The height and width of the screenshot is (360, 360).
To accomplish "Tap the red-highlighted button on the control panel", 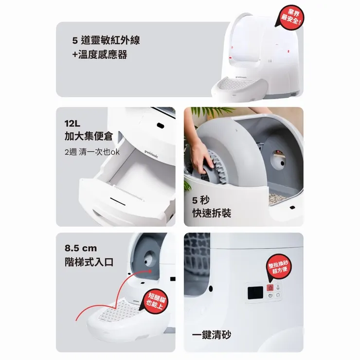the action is [270, 288].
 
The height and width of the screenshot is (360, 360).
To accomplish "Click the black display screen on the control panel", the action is [255, 293].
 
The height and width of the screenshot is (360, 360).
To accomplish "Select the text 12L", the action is [72, 124].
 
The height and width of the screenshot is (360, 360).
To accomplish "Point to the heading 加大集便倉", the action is [89, 136].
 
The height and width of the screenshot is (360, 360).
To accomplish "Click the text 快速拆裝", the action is [212, 213].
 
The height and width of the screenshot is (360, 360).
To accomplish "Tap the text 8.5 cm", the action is [81, 248].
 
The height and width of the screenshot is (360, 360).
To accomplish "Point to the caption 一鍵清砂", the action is [212, 335].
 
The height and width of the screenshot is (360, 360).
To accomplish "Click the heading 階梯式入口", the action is [89, 262].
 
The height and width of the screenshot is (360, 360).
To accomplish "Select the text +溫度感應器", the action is [100, 54].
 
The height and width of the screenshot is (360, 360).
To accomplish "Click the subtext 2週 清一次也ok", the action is [92, 152].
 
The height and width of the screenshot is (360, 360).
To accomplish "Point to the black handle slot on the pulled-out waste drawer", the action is [118, 201].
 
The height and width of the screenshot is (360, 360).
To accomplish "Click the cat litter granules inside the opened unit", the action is [277, 199].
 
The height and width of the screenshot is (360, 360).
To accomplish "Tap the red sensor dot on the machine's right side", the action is [288, 52].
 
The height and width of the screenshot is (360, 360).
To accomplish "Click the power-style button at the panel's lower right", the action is [278, 295].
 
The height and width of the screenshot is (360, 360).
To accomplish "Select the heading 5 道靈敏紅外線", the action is [106, 40].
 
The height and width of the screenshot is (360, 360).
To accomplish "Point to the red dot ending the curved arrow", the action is [150, 271].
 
